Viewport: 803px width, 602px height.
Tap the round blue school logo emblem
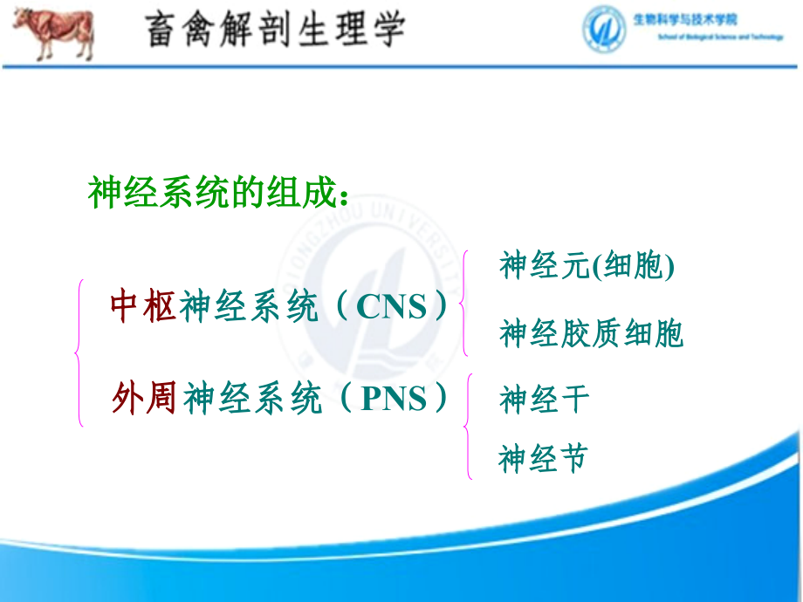point(606,29)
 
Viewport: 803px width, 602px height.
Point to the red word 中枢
point(144,307)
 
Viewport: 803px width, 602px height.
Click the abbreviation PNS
point(394,400)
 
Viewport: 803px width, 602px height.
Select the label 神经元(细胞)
point(587,266)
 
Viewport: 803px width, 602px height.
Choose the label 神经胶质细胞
point(591,333)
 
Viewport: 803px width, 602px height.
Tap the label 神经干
point(545,400)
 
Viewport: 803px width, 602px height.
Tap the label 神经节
point(543,458)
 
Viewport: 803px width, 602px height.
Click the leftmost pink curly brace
point(80,353)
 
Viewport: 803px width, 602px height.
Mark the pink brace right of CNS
point(464,303)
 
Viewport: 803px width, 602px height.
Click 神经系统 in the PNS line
point(253,400)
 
